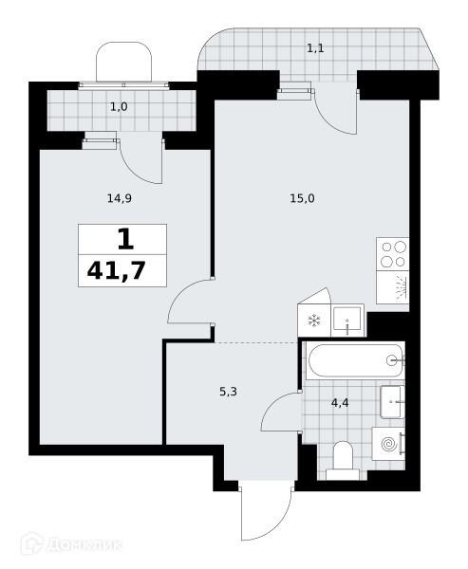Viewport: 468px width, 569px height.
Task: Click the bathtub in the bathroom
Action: [355, 360]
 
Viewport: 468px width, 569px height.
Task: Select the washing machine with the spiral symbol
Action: [388, 444]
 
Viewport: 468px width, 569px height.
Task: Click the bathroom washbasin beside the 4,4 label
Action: [392, 402]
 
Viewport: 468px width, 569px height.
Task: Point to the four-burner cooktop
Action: [393, 254]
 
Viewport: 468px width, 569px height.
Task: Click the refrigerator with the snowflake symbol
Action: [314, 321]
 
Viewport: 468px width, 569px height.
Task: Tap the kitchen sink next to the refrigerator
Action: [347, 321]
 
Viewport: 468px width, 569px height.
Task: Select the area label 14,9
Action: [120, 198]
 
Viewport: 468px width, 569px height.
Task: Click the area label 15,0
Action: [302, 198]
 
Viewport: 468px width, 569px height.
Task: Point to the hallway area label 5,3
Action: [228, 392]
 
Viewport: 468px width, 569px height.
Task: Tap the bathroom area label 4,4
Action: [340, 403]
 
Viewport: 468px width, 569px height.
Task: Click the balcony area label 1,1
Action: [315, 48]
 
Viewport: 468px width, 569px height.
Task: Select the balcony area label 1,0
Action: [119, 107]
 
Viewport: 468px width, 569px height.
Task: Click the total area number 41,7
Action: [116, 270]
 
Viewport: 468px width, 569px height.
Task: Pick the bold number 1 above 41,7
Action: [125, 240]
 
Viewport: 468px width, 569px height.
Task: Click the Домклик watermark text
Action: [84, 544]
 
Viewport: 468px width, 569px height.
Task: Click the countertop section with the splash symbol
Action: [393, 287]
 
